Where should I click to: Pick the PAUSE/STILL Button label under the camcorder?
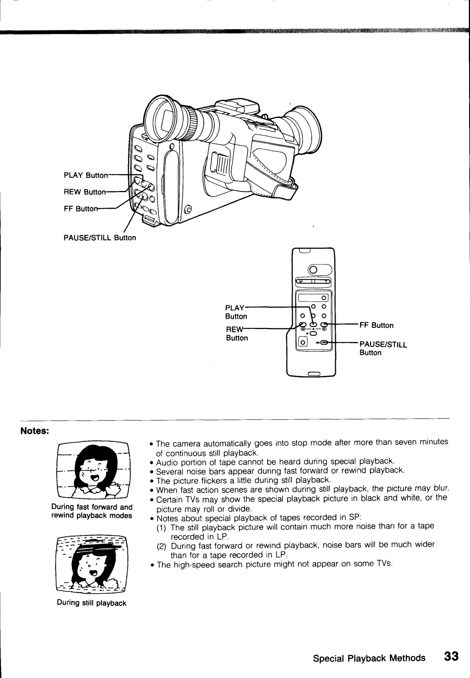coord(100,238)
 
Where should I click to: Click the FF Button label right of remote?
coord(376,325)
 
